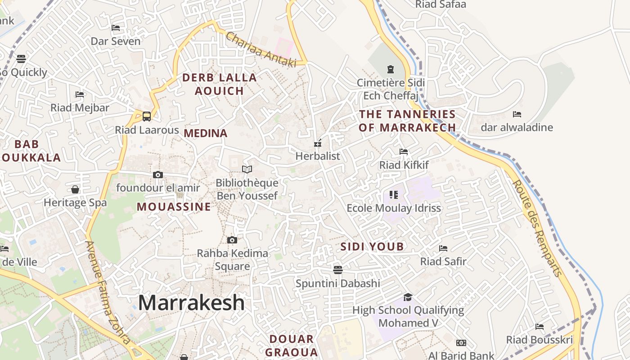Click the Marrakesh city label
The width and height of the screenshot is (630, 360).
click(x=191, y=303)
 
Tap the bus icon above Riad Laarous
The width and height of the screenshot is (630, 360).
click(x=147, y=117)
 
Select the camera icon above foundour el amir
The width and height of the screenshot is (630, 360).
click(x=158, y=175)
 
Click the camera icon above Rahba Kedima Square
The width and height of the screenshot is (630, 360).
click(x=232, y=240)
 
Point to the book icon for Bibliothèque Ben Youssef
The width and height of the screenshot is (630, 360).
click(x=247, y=170)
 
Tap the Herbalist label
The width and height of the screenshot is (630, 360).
click(x=318, y=156)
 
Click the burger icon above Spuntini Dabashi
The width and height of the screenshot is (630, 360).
click(x=338, y=270)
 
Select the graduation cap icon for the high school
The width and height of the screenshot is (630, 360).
click(x=408, y=297)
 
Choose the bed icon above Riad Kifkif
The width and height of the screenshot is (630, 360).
click(x=404, y=152)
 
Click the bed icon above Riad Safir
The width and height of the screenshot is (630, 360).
click(x=443, y=248)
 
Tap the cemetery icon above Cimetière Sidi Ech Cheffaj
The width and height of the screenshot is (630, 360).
click(x=390, y=69)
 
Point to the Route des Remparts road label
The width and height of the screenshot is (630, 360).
click(x=538, y=229)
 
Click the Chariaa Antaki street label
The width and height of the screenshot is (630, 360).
click(x=261, y=49)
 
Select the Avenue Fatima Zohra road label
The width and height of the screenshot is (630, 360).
click(x=108, y=292)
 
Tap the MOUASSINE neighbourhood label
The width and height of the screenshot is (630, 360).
click(x=174, y=207)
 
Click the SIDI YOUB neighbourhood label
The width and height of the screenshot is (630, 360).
click(x=372, y=247)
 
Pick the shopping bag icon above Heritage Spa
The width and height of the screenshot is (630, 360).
click(x=75, y=189)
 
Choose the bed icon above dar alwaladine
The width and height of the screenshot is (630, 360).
click(x=517, y=114)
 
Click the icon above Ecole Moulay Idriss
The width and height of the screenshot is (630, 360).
click(x=394, y=195)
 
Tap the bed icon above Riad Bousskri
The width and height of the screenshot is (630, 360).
click(x=540, y=327)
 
